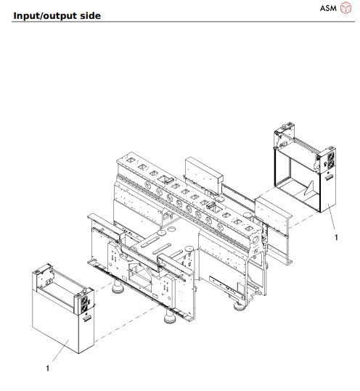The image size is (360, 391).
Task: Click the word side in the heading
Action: [x=90, y=15]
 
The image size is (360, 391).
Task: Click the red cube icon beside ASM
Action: [x=346, y=9]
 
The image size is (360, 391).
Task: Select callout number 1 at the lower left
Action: [x=48, y=369]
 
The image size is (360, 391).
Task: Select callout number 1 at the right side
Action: [x=336, y=236]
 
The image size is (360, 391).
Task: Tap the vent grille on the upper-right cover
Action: [x=327, y=176]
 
